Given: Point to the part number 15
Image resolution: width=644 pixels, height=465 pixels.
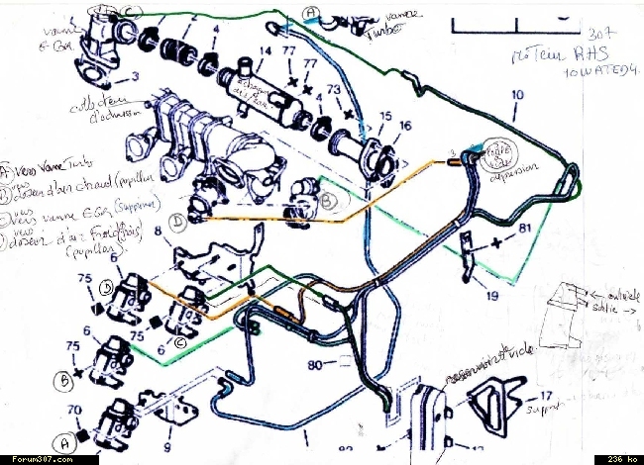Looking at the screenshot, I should click(x=384, y=116).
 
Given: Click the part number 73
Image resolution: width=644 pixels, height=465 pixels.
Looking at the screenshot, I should click(x=333, y=89).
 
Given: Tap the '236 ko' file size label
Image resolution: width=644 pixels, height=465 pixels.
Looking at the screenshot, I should click(x=617, y=459).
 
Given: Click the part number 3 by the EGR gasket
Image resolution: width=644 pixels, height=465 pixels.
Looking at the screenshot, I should click(x=134, y=75).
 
